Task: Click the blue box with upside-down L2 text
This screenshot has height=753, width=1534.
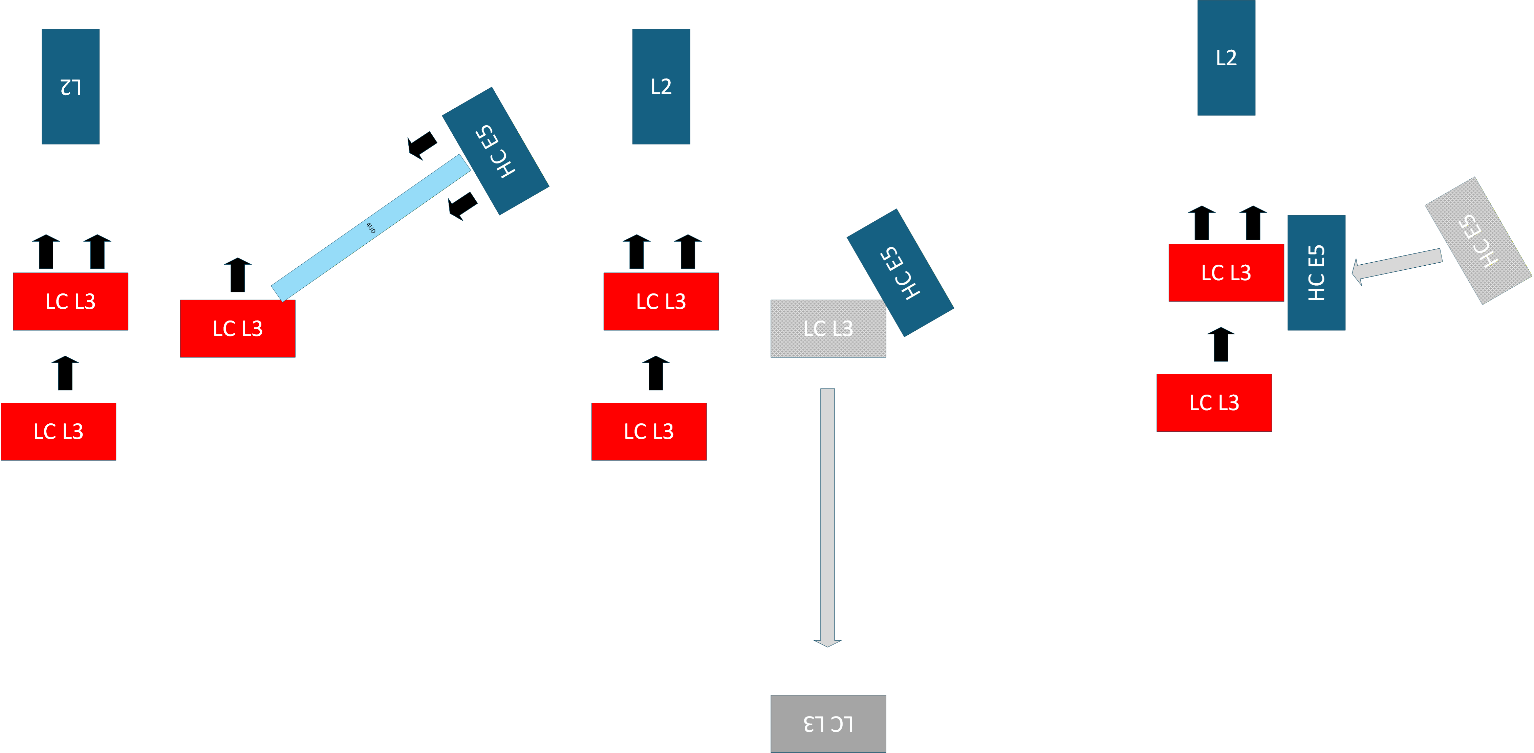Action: coord(70,86)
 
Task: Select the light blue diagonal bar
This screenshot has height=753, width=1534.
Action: coord(371,228)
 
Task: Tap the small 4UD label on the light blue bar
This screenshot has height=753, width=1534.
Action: coord(371,228)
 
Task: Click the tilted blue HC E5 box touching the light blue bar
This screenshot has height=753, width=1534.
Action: coord(495,151)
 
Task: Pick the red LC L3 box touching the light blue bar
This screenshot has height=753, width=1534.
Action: coord(238,329)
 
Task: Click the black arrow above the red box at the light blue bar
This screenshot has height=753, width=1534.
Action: coord(238,275)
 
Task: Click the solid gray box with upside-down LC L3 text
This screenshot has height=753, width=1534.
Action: coord(828,724)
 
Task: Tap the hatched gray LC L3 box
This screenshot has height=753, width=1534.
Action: coord(828,329)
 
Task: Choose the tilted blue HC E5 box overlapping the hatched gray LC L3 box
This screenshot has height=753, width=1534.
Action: coord(901,273)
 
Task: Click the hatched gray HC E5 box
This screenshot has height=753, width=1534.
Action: coord(1478,241)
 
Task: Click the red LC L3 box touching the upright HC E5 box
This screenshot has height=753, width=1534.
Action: coord(1226,273)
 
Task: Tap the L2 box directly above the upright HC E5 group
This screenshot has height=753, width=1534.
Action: coord(1226,58)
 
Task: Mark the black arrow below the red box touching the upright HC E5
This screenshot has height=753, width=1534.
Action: coord(1221,344)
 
